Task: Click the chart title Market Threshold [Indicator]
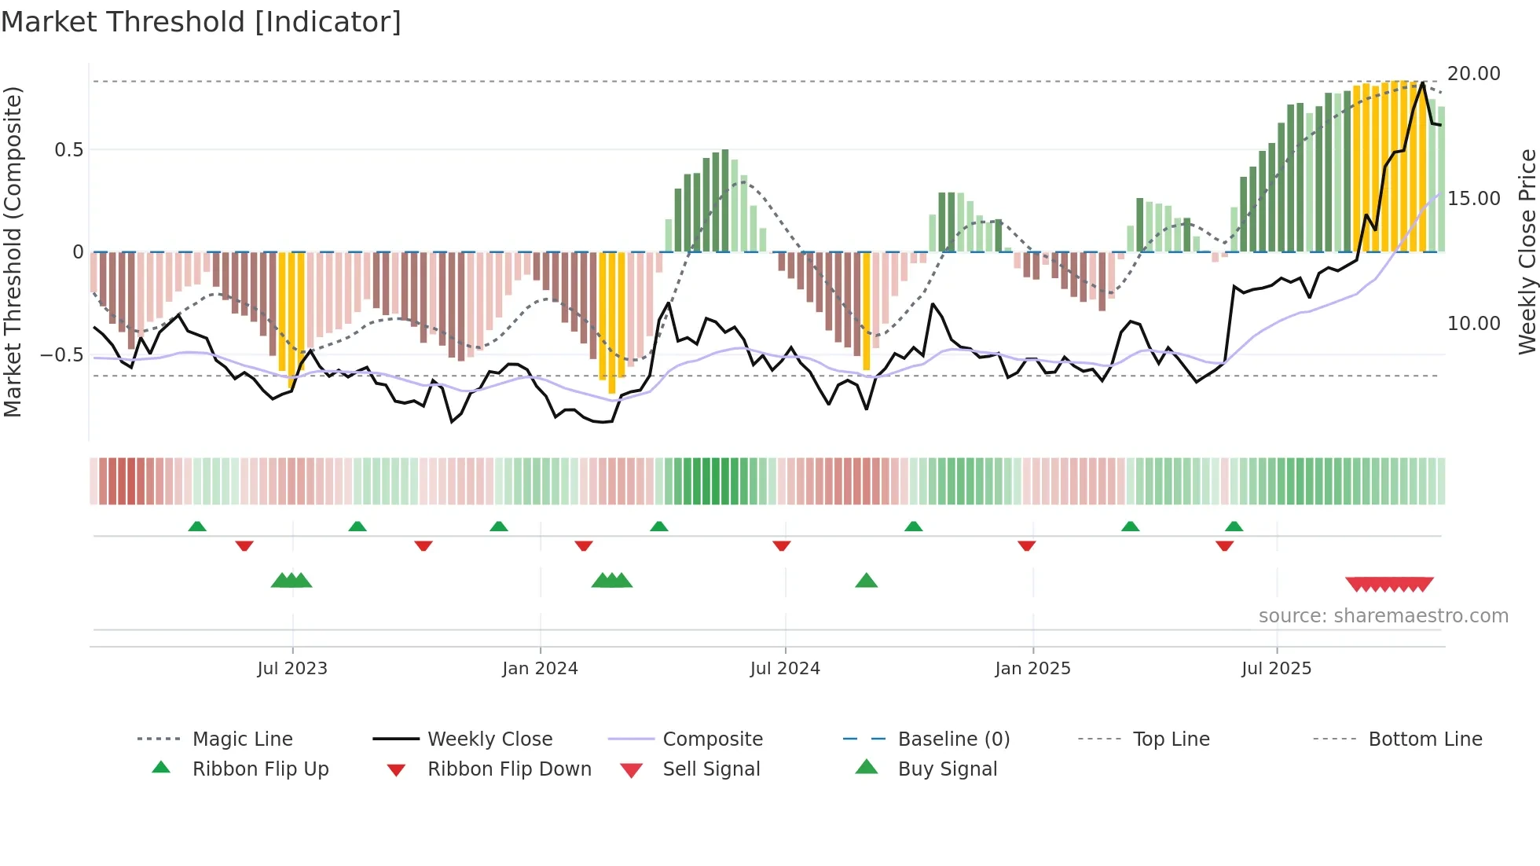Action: click(x=201, y=22)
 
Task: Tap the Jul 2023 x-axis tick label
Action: click(x=292, y=669)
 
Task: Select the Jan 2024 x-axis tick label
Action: click(x=540, y=669)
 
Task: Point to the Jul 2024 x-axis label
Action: click(x=785, y=669)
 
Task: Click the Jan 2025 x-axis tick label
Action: click(x=1032, y=669)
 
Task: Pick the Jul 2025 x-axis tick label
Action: click(x=1277, y=669)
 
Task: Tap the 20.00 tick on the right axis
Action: click(x=1474, y=74)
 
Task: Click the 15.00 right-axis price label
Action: click(x=1474, y=199)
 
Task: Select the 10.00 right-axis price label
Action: click(x=1474, y=324)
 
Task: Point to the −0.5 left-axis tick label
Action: click(x=62, y=355)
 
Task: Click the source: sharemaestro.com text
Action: click(x=1383, y=616)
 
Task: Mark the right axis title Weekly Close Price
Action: click(x=1527, y=251)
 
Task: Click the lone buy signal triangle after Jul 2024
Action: click(x=866, y=581)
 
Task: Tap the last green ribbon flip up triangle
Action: click(x=1234, y=527)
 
